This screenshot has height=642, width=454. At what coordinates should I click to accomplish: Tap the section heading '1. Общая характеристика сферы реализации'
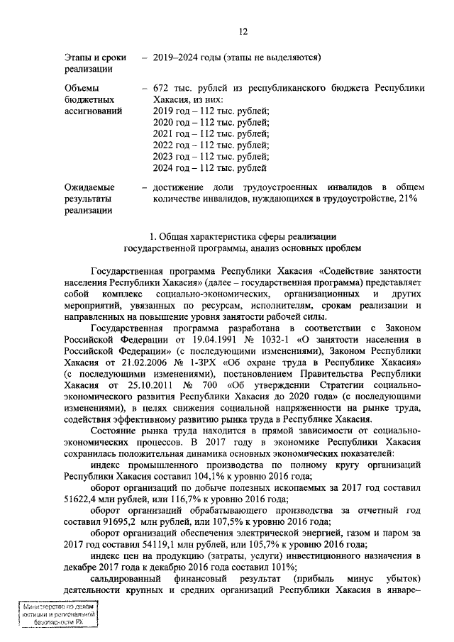click(242, 236)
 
